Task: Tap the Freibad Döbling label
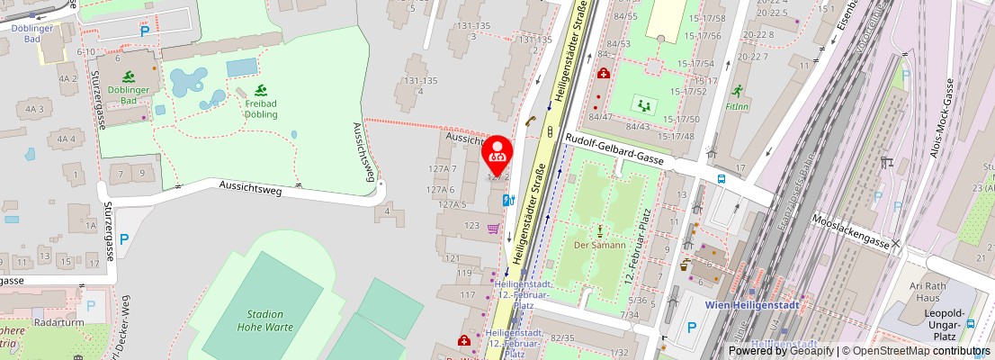(x=260, y=109)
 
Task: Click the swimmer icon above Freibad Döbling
(x=261, y=90)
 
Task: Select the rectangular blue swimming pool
(x=241, y=67)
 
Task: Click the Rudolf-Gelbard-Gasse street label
(x=614, y=148)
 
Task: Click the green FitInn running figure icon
(x=737, y=91)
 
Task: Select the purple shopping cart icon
(x=493, y=229)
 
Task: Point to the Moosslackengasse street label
(x=850, y=231)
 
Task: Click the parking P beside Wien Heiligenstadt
(x=691, y=328)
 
